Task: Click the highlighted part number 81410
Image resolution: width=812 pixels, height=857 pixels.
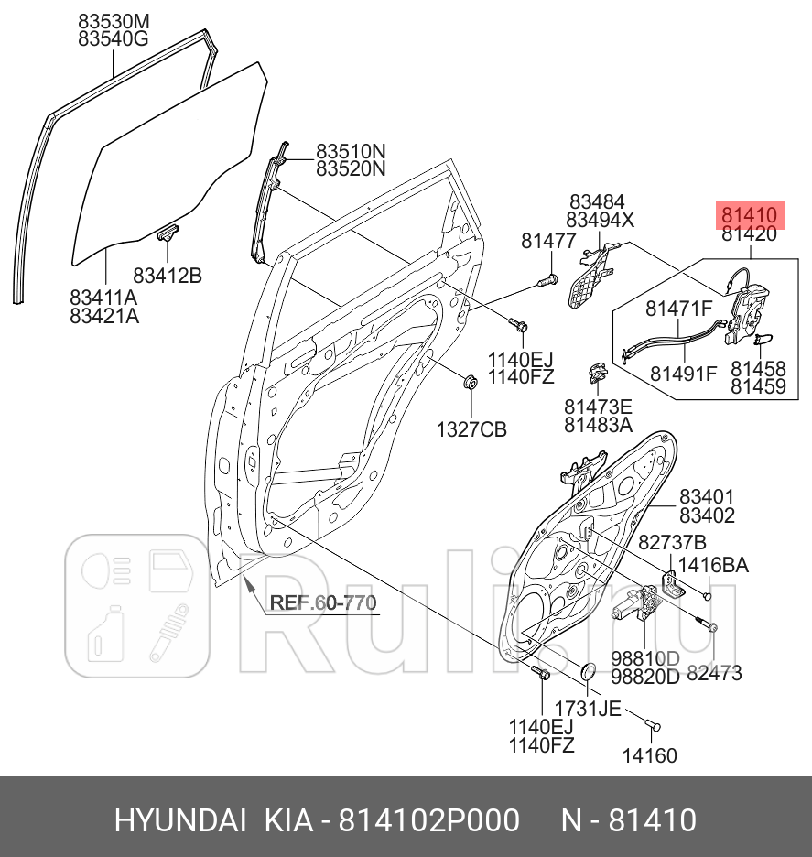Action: (x=749, y=215)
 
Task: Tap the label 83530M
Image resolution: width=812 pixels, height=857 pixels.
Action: (x=114, y=21)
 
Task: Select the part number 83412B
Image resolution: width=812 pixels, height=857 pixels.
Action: (x=168, y=274)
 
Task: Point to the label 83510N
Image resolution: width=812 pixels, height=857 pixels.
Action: (x=352, y=151)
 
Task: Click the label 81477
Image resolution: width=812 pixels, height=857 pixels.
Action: (x=548, y=242)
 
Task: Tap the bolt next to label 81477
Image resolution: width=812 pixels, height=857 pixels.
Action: (x=547, y=279)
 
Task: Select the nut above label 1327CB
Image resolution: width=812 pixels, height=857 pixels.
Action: (x=469, y=383)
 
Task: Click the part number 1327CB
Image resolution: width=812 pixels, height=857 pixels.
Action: (x=471, y=428)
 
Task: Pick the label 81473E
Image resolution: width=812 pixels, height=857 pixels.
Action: (x=598, y=407)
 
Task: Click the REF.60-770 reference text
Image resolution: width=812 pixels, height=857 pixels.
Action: (x=323, y=602)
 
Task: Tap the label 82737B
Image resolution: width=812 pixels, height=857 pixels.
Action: (x=671, y=541)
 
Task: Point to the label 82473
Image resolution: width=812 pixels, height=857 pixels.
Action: (x=714, y=674)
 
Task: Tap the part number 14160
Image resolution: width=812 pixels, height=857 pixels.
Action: (x=650, y=755)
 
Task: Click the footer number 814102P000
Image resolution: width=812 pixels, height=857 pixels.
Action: (x=429, y=819)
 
